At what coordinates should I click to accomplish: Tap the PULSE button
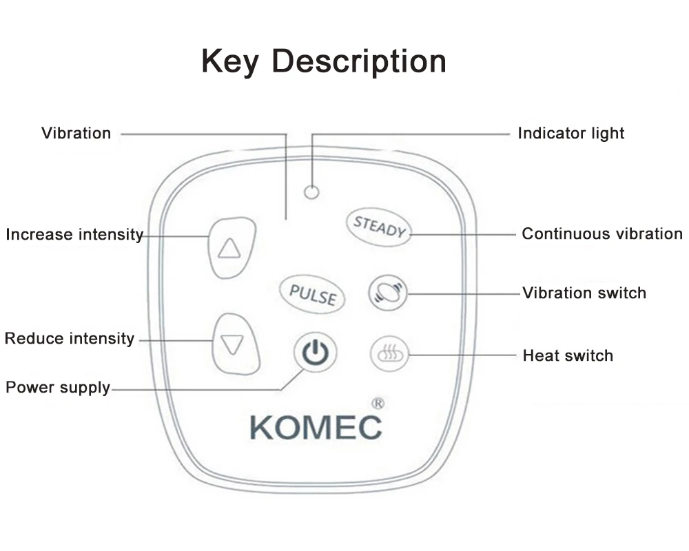[x=313, y=294]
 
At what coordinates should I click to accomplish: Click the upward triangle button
[x=229, y=248]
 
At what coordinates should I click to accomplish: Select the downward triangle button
[x=234, y=344]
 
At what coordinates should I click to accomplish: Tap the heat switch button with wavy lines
[x=389, y=355]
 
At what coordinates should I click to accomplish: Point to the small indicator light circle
[x=311, y=192]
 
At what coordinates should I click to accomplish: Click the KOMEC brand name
[x=316, y=427]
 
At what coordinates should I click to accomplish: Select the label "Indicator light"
[x=571, y=134]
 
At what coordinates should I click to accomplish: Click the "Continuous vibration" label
[x=601, y=234]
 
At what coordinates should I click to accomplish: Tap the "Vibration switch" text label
[x=584, y=293]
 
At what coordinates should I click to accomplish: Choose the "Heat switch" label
[x=568, y=356]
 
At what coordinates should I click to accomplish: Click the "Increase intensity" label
[x=74, y=235]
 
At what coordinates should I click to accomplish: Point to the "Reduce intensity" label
[x=70, y=339]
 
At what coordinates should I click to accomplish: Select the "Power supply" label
[x=58, y=388]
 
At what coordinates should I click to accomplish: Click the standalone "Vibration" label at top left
[x=76, y=134]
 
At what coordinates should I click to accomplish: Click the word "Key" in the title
[x=230, y=61]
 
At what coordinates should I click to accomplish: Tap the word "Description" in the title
[x=359, y=63]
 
